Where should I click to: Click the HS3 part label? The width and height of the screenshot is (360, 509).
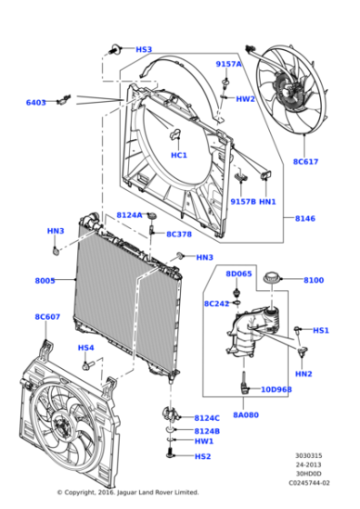pos(144,50)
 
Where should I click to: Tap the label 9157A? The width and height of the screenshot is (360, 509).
pos(228,64)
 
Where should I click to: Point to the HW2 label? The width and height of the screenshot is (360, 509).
pos(245,99)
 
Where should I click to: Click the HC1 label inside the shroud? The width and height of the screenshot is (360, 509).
pos(179,155)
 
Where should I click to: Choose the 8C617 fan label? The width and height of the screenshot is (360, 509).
pos(305,162)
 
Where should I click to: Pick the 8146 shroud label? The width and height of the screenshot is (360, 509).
pos(305,219)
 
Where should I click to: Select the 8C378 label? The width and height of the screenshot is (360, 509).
pos(178,234)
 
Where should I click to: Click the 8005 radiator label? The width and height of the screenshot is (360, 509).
pos(45,281)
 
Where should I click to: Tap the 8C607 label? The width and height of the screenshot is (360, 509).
pos(47,317)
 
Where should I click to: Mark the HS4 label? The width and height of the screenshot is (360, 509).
pos(85,347)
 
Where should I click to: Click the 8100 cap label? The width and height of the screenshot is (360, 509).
pos(314,281)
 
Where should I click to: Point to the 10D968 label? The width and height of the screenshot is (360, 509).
pos(276,390)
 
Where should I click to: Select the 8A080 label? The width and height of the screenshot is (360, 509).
pos(245,414)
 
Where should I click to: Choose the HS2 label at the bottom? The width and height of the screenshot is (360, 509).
pos(202,456)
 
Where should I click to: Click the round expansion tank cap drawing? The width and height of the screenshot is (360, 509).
pos(269,278)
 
